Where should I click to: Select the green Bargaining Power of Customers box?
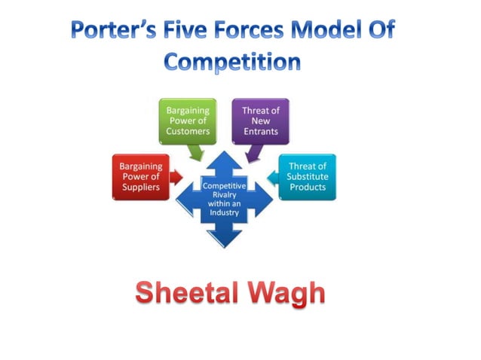pos(188,121)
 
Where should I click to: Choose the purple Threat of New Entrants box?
pos(260,121)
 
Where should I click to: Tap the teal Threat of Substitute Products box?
pos(308,176)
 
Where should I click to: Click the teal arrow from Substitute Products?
pos(272,178)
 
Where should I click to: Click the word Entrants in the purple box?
pos(260,131)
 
